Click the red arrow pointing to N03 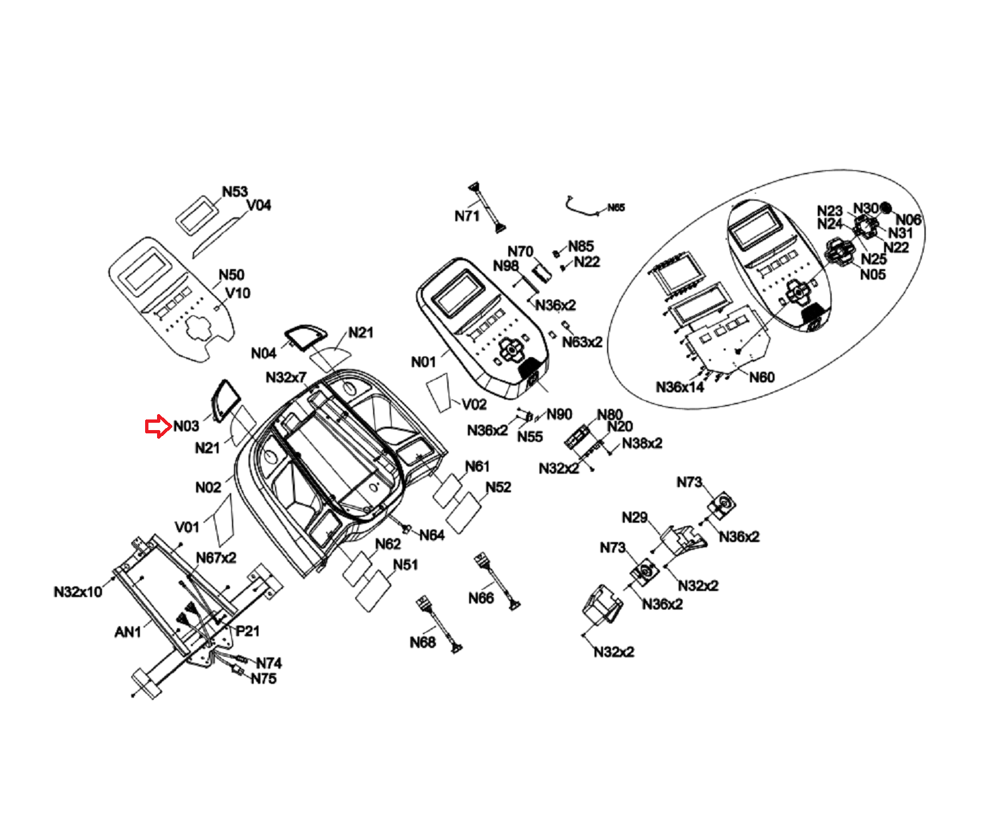click(x=158, y=427)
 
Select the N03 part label click(x=186, y=426)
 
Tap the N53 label click(x=235, y=192)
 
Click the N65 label click(x=616, y=207)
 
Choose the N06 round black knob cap click(x=885, y=208)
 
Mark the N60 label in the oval click(x=762, y=377)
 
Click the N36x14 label click(x=679, y=387)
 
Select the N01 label click(x=423, y=362)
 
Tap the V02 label click(x=474, y=404)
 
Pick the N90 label click(x=559, y=414)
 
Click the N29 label click(x=634, y=518)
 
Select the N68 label click(x=422, y=642)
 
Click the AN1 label click(x=128, y=632)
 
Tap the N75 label click(x=263, y=679)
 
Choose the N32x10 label click(x=78, y=591)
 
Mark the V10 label click(x=238, y=293)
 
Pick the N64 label click(x=431, y=535)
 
